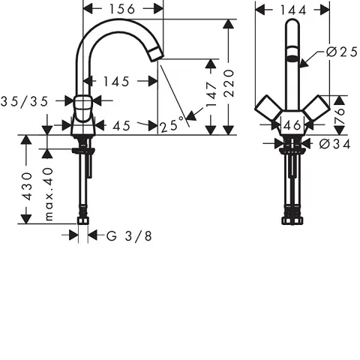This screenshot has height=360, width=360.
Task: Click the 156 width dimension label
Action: [x=122, y=10]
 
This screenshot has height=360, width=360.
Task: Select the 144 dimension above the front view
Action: [x=293, y=10]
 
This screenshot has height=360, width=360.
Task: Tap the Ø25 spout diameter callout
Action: [x=342, y=52]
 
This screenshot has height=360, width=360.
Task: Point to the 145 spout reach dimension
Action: [x=116, y=82]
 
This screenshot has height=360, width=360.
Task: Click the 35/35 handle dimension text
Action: [x=24, y=101]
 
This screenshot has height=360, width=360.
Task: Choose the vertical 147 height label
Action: [x=211, y=94]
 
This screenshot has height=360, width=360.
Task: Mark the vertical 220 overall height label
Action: [x=229, y=83]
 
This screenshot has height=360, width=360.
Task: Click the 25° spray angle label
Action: [x=172, y=126]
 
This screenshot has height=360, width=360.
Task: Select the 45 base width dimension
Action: [x=121, y=126]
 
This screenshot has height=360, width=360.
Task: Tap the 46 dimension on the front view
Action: [x=292, y=125]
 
